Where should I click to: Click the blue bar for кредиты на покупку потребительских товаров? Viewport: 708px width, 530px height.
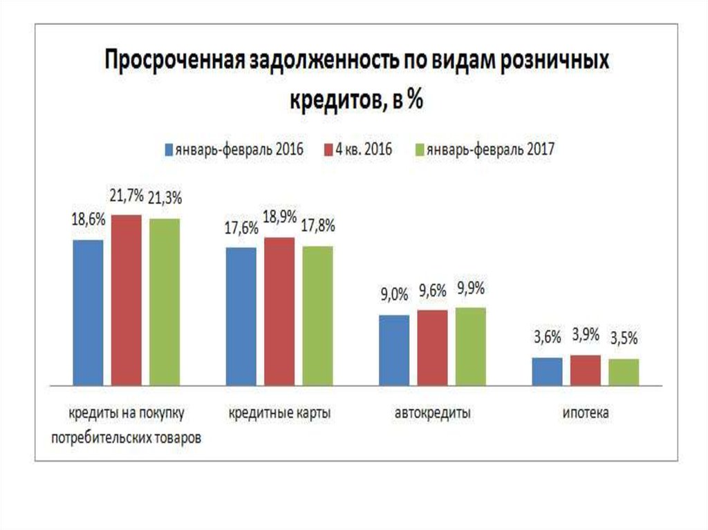pos(88,312)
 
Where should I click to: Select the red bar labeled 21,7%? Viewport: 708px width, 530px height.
pos(127,300)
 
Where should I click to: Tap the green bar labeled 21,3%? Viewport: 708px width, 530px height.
pos(165,301)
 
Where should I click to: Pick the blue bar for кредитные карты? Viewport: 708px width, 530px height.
pos(241,316)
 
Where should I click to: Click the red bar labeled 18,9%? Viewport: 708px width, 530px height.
pos(279,311)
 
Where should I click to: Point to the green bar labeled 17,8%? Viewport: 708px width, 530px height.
pos(317,315)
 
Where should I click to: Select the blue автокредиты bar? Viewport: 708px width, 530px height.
pos(394,350)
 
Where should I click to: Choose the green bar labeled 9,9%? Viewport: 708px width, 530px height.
pos(470,346)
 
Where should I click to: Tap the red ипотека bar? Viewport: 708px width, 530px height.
pos(585,370)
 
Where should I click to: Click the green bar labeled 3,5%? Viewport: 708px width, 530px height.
pos(624,372)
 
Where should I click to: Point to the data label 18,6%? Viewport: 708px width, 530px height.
pos(88,220)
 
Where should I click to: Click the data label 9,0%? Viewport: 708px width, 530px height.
pos(393,296)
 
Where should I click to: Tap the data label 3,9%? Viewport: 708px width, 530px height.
pos(585,336)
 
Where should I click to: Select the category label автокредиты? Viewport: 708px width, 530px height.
pos(433,414)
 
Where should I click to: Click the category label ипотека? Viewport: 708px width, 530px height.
pos(586,414)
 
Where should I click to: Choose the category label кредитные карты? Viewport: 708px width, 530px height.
pos(279,414)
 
